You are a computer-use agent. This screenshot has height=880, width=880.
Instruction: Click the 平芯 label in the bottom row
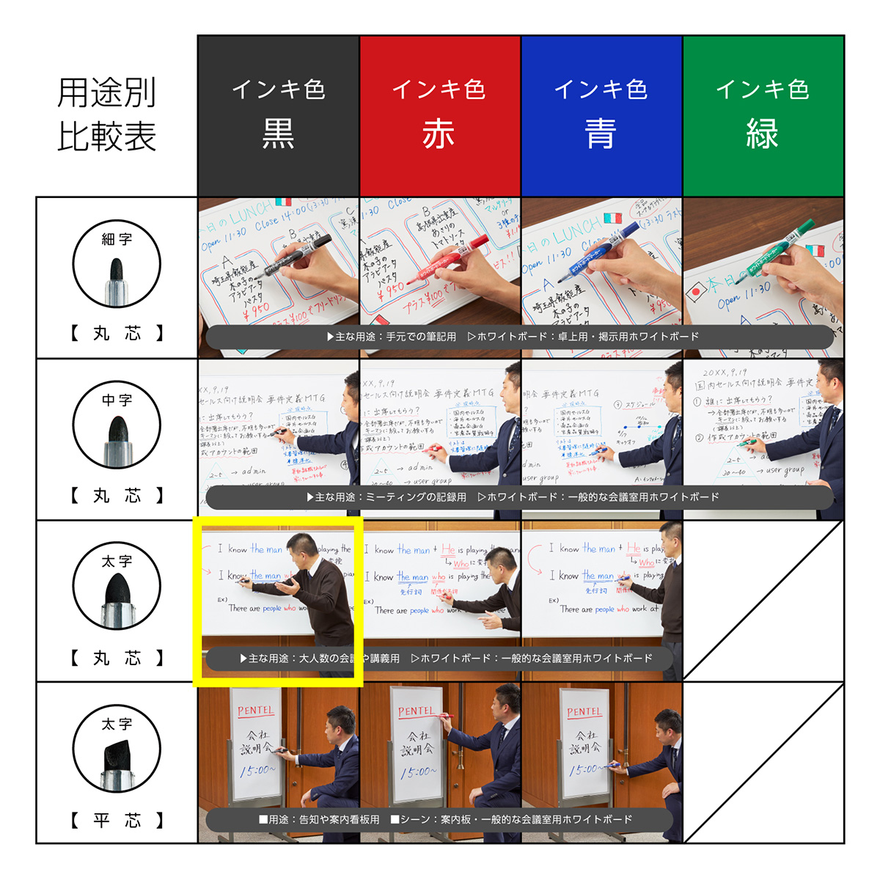pyautogui.click(x=117, y=820)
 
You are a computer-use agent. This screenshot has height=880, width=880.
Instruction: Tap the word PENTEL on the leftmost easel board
pyautogui.click(x=255, y=711)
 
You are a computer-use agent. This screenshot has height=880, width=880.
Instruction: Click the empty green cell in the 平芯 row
pyautogui.click(x=763, y=763)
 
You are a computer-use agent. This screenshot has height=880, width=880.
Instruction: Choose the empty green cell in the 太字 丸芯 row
pyautogui.click(x=763, y=601)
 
